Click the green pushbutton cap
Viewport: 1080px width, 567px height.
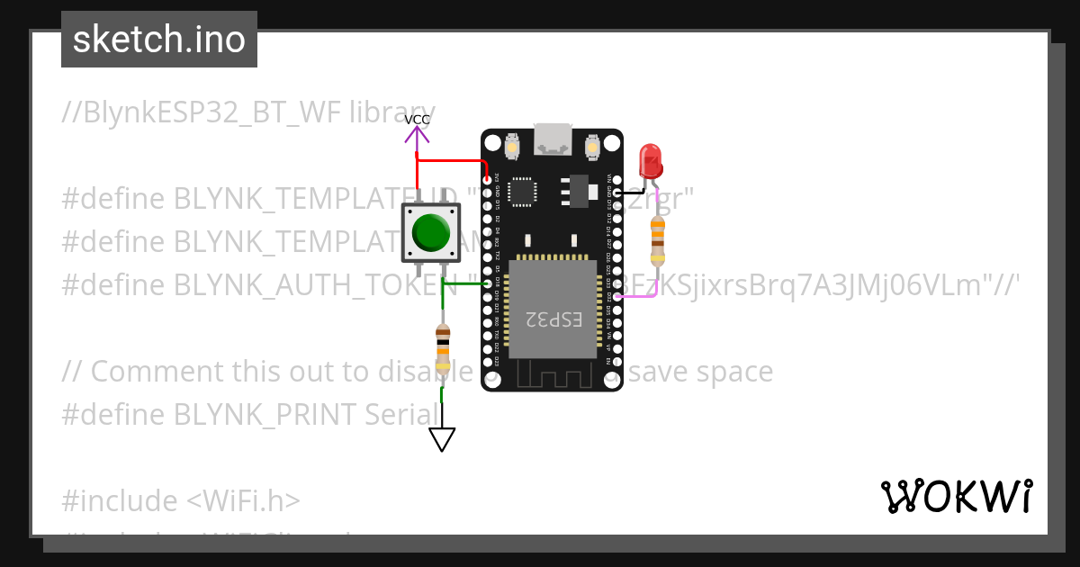tap(431, 232)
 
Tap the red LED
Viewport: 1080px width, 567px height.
tap(651, 162)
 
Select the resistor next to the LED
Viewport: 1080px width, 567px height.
tap(658, 238)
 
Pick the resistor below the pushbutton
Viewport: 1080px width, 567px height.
tap(442, 348)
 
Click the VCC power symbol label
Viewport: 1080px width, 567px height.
tap(417, 120)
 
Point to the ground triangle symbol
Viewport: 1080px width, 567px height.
tap(442, 439)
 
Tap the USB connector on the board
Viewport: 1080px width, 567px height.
tap(552, 139)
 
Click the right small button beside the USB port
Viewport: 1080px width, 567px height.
tap(592, 146)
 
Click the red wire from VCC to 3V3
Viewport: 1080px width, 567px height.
tap(450, 162)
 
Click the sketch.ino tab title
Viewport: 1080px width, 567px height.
tap(159, 40)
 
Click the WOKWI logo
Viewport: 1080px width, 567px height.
tap(956, 496)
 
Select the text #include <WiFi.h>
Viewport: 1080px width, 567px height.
tap(181, 500)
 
